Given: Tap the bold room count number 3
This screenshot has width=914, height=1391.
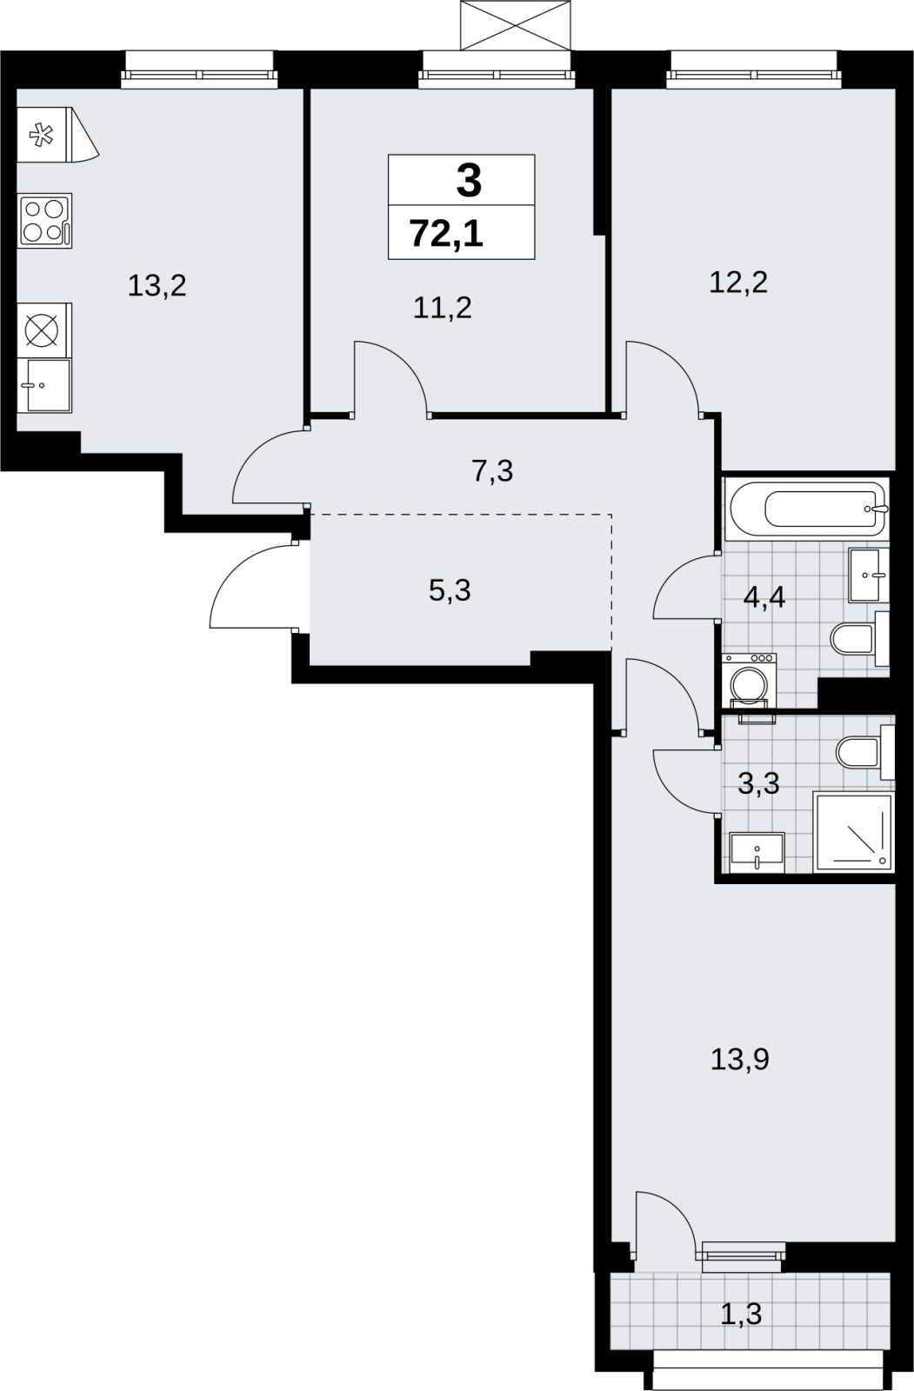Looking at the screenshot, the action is (469, 181).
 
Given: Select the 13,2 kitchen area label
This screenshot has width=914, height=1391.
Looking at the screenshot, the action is (157, 286).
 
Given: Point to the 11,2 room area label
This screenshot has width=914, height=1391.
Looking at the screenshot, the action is (443, 308).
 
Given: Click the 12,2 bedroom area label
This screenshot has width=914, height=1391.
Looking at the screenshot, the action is (738, 283).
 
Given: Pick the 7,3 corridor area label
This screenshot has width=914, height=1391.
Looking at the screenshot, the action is (492, 470).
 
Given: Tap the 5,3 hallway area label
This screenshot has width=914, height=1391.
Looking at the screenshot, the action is (450, 590).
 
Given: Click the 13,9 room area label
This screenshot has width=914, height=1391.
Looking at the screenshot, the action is (739, 1059).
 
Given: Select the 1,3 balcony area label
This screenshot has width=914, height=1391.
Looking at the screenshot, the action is (741, 1314).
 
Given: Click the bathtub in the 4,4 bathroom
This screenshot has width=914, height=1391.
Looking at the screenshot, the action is (807, 509).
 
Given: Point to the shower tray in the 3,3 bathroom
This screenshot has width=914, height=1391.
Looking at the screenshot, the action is (853, 832).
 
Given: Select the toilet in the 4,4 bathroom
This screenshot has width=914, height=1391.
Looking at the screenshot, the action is (860, 638).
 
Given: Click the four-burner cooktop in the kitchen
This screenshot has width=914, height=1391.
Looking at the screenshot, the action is (44, 221).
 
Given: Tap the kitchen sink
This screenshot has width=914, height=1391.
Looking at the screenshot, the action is (44, 385).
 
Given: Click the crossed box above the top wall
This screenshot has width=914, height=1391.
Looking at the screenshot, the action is (515, 25).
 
